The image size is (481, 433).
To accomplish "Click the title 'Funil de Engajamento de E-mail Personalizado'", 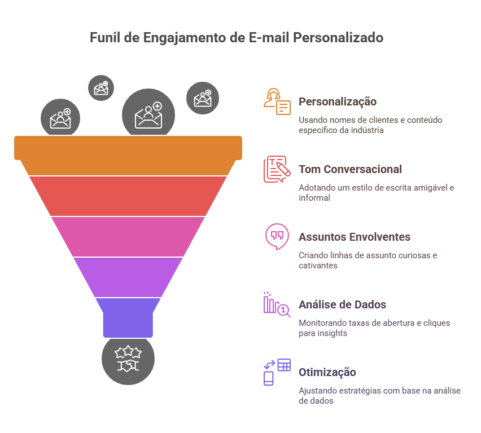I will [x=237, y=38].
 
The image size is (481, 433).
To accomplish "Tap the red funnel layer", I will [x=128, y=196].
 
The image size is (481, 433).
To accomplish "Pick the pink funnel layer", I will [x=128, y=236].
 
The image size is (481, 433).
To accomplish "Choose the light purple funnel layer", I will [x=128, y=276].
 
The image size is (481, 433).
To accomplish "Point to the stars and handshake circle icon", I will [x=128, y=359].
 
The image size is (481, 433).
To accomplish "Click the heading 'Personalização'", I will [x=337, y=101].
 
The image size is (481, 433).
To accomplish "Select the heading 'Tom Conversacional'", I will [x=350, y=169].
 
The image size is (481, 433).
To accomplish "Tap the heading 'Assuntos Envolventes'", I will [x=354, y=237].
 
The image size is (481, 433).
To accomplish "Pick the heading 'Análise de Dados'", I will [x=342, y=304].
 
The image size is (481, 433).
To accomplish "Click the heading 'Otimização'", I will [x=327, y=372].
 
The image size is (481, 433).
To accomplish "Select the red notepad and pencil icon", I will [x=276, y=169].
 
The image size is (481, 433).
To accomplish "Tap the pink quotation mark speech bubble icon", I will [x=276, y=236].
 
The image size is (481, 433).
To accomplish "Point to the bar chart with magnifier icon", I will [x=276, y=304].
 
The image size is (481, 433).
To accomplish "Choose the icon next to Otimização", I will [x=277, y=372].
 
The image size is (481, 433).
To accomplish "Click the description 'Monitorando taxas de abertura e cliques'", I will [x=379, y=323].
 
